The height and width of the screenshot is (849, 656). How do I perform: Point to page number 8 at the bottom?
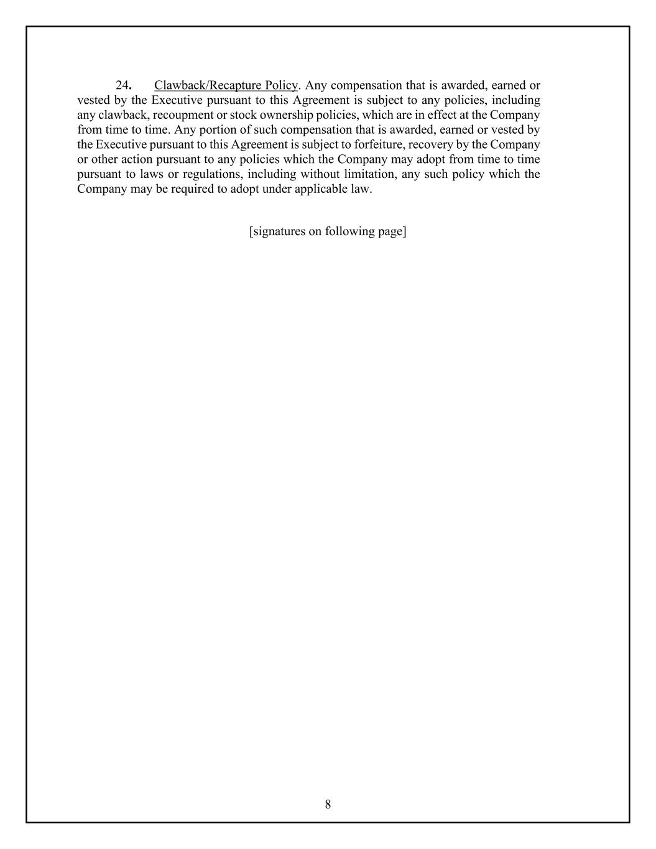tap(328, 804)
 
